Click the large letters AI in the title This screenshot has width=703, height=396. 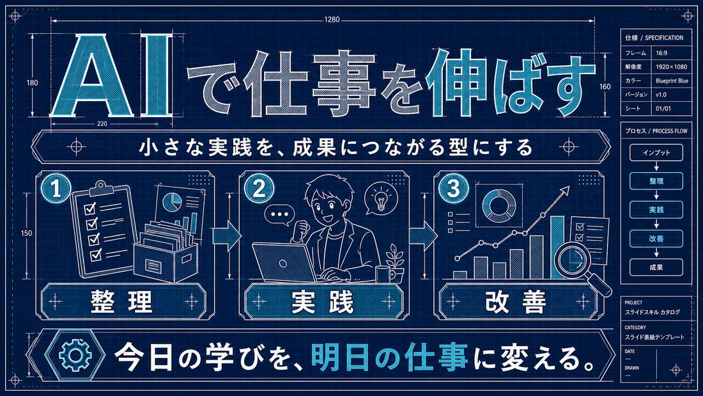pos(112,75)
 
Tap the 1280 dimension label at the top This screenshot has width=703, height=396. pos(332,20)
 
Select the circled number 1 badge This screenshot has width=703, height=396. pos(56,189)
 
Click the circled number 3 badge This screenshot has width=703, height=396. pos(454,189)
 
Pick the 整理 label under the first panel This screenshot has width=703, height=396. pos(121,302)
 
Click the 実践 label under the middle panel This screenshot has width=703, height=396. pos(323,302)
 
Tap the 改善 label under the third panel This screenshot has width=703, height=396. pos(516,302)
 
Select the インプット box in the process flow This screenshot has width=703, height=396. pos(656,153)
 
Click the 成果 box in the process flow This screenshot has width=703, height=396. pos(656,267)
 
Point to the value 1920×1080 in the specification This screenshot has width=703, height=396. pos(671,67)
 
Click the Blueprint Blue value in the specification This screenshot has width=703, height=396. pos(672,81)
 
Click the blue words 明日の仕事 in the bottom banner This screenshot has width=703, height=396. pos(389,356)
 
